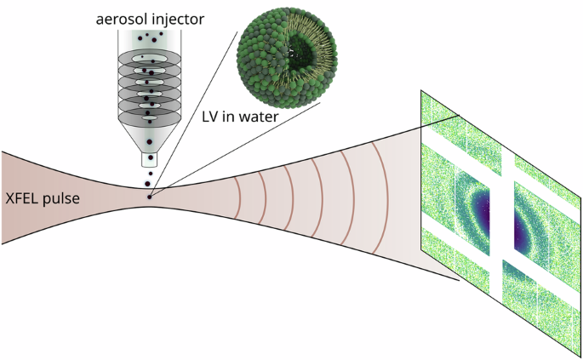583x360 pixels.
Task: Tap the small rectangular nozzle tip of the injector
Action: coord(150,158)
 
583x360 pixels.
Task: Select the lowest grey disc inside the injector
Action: coord(150,109)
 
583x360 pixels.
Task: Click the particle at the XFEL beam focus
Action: coord(150,197)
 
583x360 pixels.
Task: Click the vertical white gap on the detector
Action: coord(507,213)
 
